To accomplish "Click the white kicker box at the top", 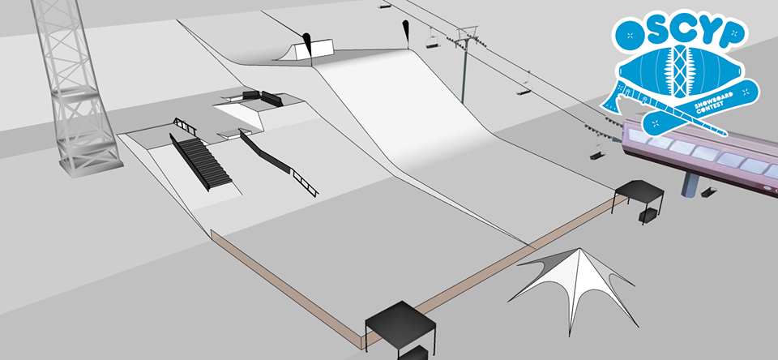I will pos(318,49).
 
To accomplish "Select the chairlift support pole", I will pos(464,69).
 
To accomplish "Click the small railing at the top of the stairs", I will pos(185,126).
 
